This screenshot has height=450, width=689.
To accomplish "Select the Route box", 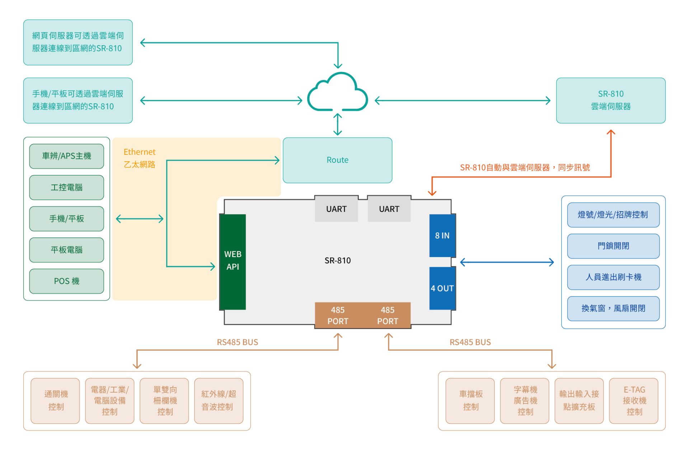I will [x=337, y=160].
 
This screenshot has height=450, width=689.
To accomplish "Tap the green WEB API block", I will [x=233, y=261].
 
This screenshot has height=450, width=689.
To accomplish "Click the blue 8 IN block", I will [x=442, y=235].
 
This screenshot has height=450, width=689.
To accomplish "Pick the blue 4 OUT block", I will [x=442, y=288].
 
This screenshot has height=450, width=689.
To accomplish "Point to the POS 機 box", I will [x=66, y=281].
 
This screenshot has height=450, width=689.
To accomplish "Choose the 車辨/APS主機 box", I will [x=66, y=156].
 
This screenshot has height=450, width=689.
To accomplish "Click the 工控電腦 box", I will [x=66, y=187].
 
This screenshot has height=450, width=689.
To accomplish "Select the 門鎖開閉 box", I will [x=613, y=246].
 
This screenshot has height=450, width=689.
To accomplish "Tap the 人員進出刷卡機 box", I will [x=613, y=277].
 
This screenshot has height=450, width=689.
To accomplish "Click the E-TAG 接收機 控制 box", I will [x=634, y=401].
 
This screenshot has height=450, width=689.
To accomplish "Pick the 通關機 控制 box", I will [x=55, y=401].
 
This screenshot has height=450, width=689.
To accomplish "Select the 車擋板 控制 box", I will [x=470, y=401].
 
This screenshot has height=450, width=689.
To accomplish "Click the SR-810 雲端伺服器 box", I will [x=610, y=100].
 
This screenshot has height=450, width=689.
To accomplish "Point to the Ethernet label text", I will [x=140, y=152].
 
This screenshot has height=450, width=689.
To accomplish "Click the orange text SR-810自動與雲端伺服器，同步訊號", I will [x=525, y=167].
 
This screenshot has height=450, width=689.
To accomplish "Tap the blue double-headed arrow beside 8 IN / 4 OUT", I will [x=507, y=262].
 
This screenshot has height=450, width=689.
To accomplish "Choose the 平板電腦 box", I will [x=66, y=250].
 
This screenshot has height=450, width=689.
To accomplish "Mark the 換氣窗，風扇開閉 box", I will [x=613, y=308].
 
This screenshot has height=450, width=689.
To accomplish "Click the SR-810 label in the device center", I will [x=337, y=261].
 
